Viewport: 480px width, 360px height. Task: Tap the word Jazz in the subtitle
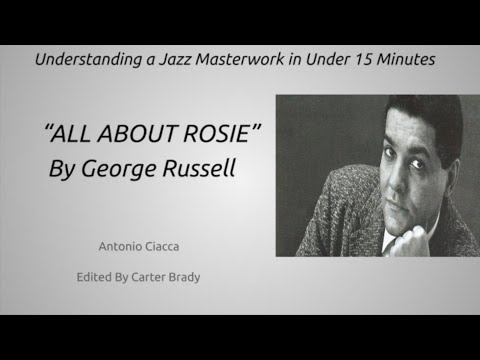(x=171, y=60)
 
